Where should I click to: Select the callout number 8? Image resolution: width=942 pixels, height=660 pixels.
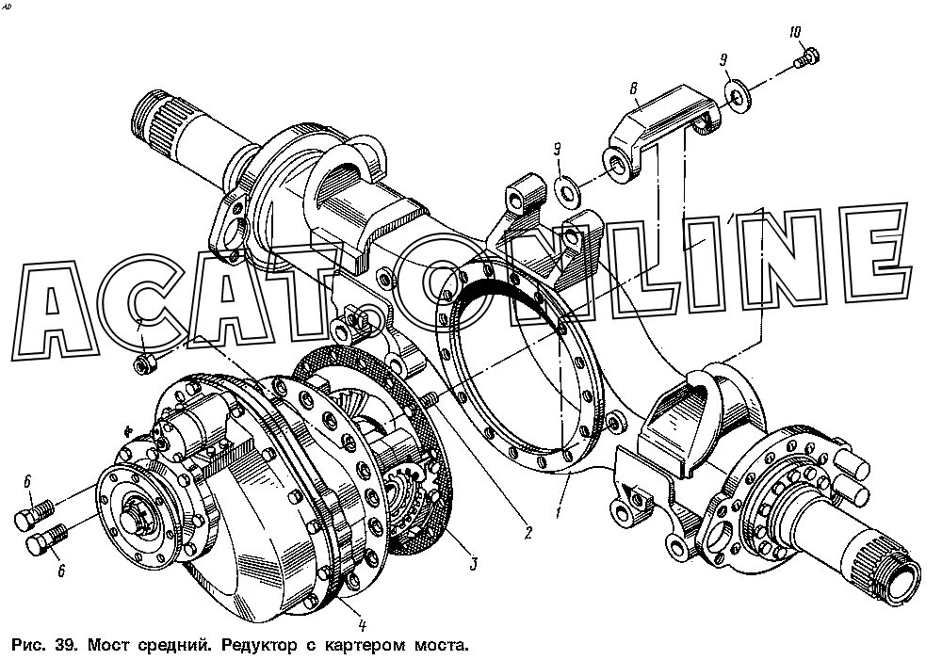[x=634, y=89]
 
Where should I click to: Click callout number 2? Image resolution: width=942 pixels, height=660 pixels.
[x=528, y=534]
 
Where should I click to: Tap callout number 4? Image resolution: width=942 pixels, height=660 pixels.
[x=362, y=622]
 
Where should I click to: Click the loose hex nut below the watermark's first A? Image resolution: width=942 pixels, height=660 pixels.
[x=147, y=362]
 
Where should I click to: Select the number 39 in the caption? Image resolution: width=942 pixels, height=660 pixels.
[x=65, y=646]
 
